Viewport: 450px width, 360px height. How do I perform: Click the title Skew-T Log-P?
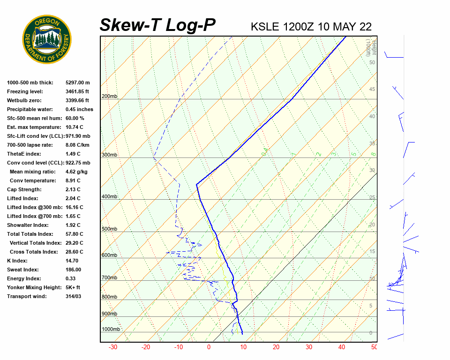(x=157, y=25)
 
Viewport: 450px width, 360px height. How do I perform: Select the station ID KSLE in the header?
(x=265, y=26)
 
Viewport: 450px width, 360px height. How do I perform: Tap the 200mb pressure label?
(x=109, y=97)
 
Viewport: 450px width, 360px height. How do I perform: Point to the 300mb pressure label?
(x=109, y=155)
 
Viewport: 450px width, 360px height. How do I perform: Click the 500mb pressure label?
(x=109, y=229)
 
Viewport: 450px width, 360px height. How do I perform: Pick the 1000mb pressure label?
(x=111, y=329)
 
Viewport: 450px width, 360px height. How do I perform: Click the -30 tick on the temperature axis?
(x=113, y=347)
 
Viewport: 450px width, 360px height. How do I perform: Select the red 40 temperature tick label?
(x=342, y=347)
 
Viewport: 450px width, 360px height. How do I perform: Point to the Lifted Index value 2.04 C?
(x=75, y=198)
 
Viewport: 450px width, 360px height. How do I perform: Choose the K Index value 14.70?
(x=72, y=261)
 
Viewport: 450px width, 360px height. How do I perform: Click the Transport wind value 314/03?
(x=74, y=296)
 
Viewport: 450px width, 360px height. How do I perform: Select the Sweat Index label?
(x=23, y=270)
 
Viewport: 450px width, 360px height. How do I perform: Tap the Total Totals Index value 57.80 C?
(x=75, y=234)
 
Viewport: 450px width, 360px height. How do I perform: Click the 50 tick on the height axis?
(x=372, y=62)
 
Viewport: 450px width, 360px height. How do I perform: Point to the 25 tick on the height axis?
(x=372, y=198)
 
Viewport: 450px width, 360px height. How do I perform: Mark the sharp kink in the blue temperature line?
(x=196, y=185)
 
